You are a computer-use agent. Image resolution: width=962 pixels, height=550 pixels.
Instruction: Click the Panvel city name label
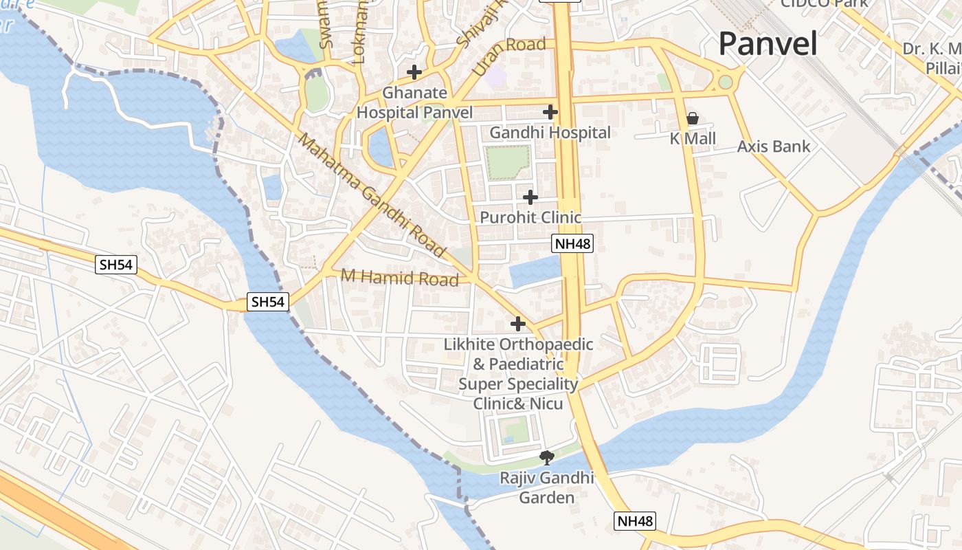point(768,44)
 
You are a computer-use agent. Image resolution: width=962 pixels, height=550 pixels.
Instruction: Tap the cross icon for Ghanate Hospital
point(414,71)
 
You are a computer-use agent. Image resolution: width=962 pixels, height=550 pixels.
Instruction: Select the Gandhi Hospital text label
point(550,133)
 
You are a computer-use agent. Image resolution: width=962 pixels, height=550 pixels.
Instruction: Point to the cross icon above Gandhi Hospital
point(550,111)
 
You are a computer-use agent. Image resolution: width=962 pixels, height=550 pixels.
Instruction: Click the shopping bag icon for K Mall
point(693,119)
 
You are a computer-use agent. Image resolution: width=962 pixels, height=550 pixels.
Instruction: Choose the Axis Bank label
point(774,146)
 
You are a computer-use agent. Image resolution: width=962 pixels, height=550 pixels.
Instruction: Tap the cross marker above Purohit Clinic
point(530,197)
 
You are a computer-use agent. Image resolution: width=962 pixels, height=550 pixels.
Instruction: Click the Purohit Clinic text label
point(530,218)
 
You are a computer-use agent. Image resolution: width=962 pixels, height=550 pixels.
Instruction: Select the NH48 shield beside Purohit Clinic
point(572,243)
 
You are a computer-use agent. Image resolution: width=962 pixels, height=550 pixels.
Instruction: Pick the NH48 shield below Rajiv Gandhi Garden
point(635,521)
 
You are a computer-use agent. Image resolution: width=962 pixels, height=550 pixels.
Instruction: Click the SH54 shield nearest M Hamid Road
point(268,301)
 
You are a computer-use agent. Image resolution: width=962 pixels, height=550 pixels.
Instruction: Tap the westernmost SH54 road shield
point(116,265)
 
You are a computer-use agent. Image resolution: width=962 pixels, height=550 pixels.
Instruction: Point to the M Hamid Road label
point(400,278)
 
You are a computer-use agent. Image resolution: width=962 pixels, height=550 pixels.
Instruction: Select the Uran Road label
point(508,54)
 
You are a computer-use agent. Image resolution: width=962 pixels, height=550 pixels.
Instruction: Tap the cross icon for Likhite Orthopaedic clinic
point(518,324)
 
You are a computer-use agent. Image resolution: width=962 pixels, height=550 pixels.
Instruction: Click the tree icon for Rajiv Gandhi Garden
point(547,457)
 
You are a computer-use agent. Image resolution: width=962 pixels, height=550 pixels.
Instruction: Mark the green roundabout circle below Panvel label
point(725,82)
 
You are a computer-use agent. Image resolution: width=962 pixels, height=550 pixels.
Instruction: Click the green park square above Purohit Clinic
point(508,162)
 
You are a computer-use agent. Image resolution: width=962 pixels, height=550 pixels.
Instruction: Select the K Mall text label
point(693,139)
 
